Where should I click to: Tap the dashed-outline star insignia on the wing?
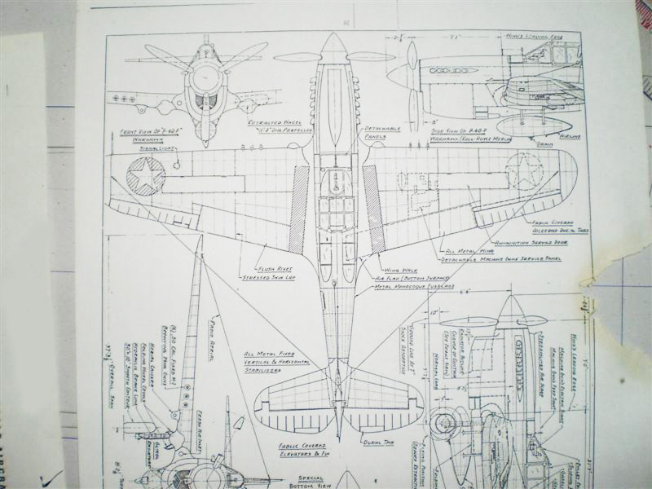click(524, 171)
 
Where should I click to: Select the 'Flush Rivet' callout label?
click(275, 268)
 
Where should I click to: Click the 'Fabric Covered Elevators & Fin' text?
click(301, 452)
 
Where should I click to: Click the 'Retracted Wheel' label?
click(270, 121)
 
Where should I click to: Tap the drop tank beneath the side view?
click(532, 125)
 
